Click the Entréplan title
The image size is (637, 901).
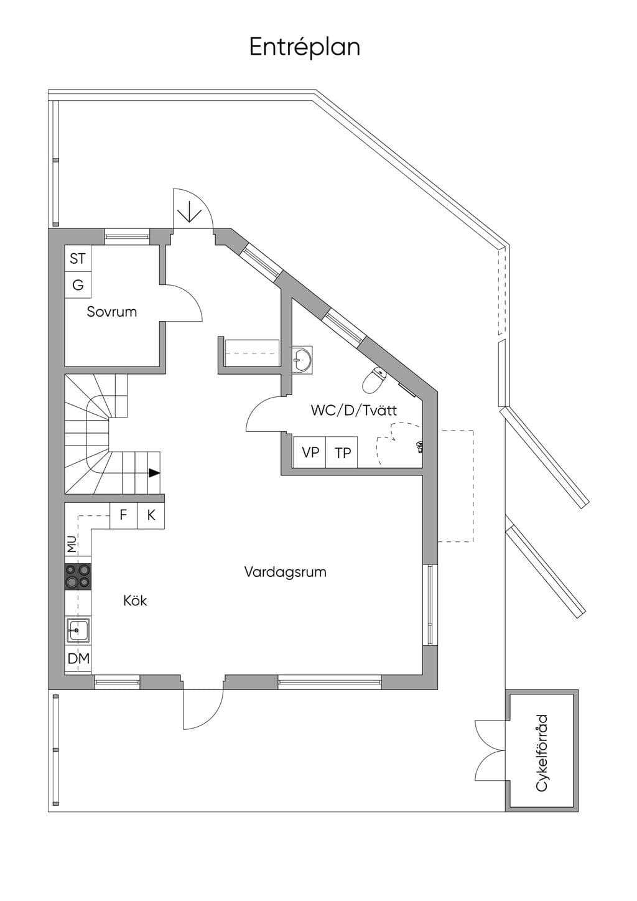(x=304, y=47)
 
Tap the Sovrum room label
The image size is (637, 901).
(x=112, y=312)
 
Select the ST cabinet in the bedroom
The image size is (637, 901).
(x=78, y=259)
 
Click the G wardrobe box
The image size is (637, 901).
(x=78, y=285)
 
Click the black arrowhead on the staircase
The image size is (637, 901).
(x=154, y=473)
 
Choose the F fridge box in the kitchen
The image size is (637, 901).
(x=123, y=515)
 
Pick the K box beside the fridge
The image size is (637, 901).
(x=151, y=515)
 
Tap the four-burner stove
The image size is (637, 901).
(x=78, y=576)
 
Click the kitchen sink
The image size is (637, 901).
(x=78, y=631)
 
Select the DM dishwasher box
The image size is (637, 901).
(x=78, y=659)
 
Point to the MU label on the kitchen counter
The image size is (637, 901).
(x=72, y=544)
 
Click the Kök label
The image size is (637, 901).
(x=135, y=601)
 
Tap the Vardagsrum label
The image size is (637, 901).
(x=285, y=572)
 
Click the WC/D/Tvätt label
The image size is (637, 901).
(x=354, y=410)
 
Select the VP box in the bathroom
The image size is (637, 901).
(x=310, y=452)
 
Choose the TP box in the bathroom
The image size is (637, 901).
(x=342, y=452)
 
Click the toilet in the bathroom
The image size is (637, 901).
(x=374, y=380)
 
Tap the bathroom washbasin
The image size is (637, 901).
(x=302, y=360)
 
